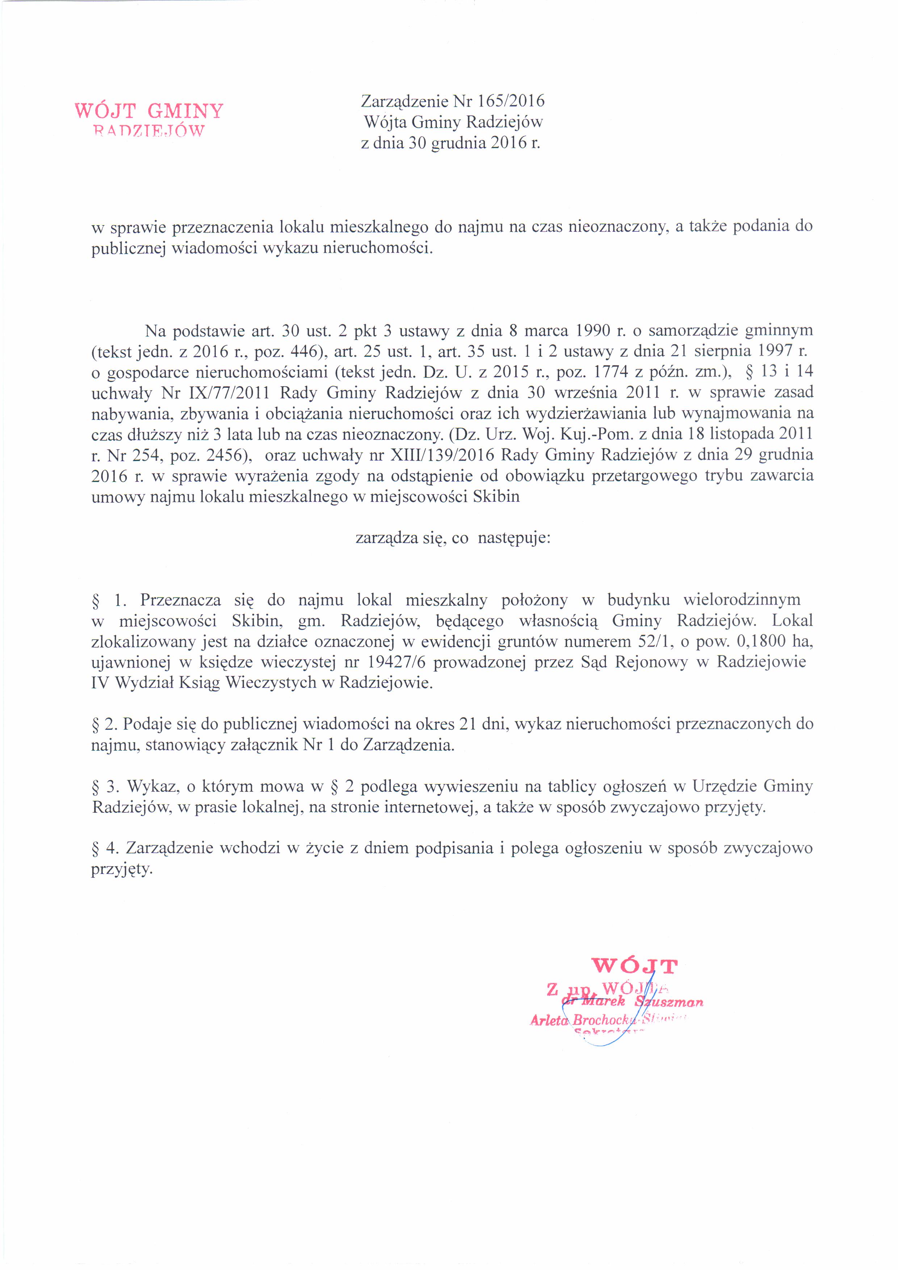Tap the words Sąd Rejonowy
pos(634,662)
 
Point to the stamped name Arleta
pos(549,1019)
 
